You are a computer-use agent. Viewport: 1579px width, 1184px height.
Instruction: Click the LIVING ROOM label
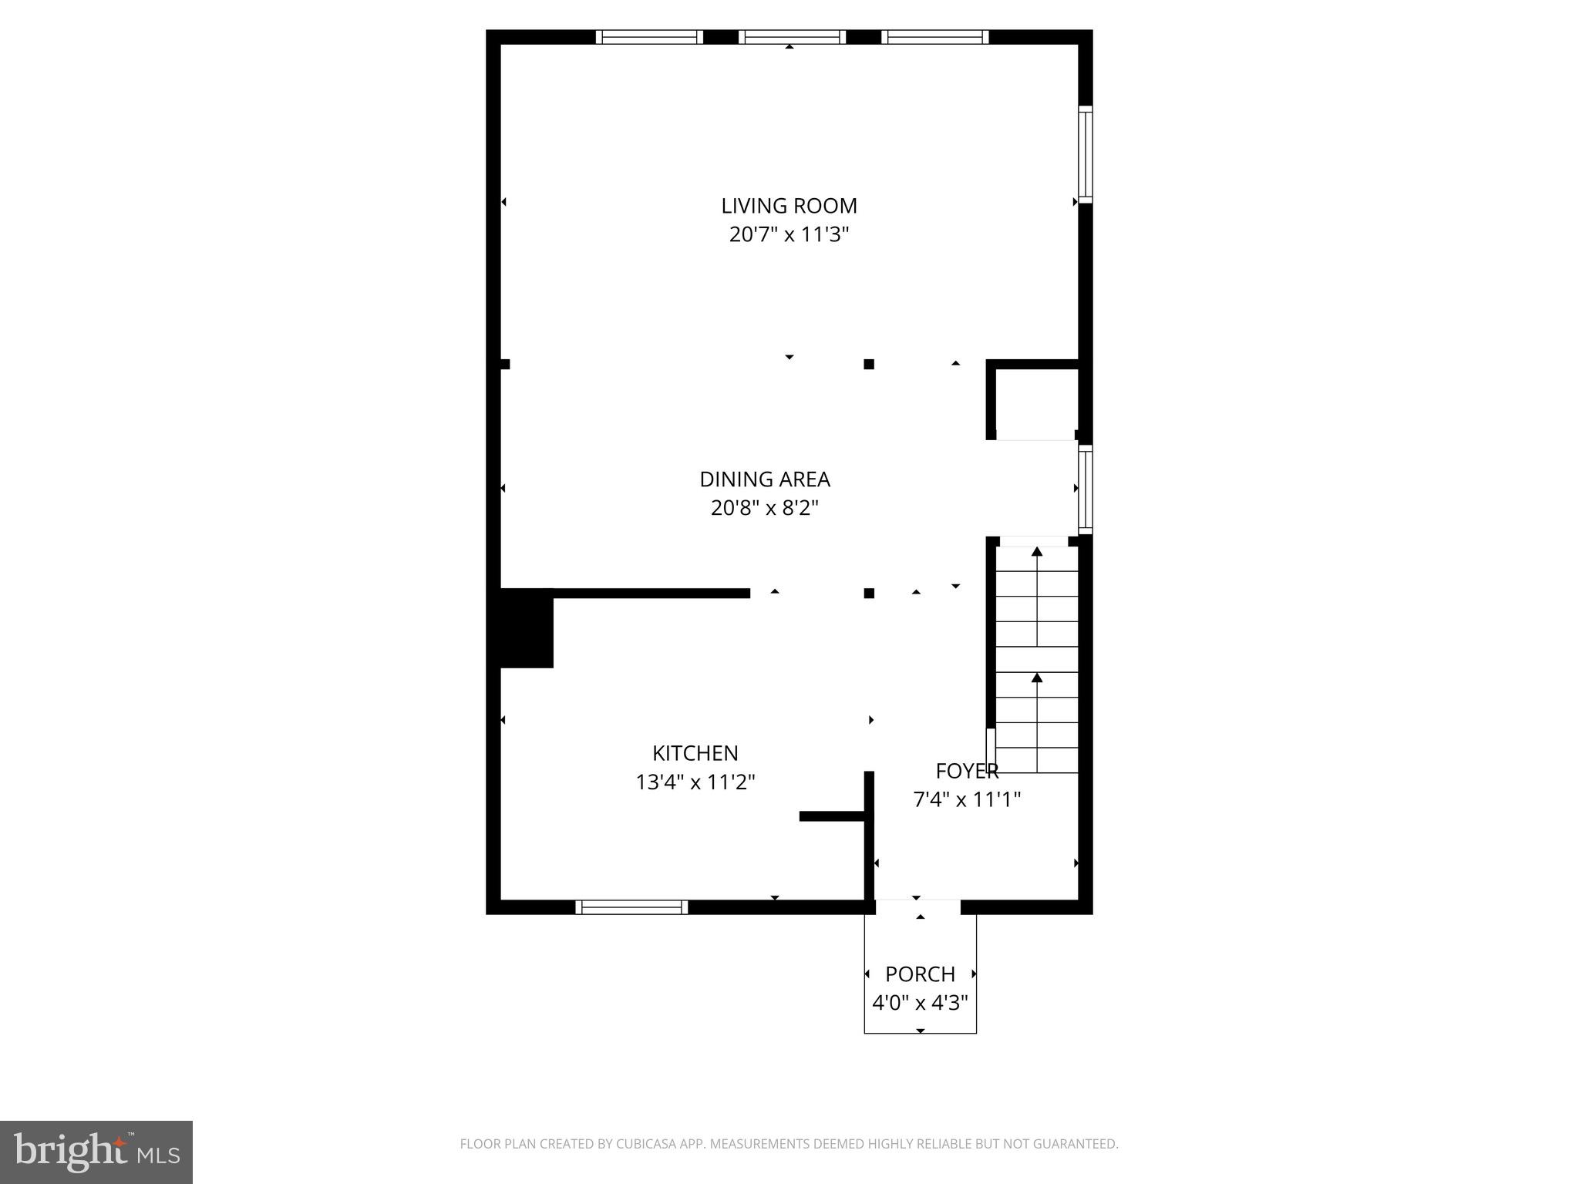[x=789, y=206]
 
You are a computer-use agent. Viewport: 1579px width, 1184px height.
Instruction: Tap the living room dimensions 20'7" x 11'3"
[x=789, y=234]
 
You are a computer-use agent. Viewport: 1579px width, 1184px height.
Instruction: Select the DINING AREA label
[x=765, y=479]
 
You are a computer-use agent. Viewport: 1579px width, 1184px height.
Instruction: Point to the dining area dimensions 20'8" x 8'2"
[x=765, y=508]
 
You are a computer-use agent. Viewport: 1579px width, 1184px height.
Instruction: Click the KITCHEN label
[x=695, y=753]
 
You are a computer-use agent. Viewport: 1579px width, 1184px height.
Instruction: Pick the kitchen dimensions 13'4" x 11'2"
[x=695, y=782]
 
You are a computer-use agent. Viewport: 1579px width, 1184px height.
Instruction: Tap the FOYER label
[x=967, y=771]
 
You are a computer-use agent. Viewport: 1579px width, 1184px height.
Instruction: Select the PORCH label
[x=920, y=974]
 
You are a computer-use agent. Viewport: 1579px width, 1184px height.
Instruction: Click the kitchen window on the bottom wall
[x=631, y=907]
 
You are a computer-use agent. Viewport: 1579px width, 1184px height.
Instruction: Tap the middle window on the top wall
[x=792, y=37]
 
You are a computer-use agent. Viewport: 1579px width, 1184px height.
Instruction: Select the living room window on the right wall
[x=1085, y=154]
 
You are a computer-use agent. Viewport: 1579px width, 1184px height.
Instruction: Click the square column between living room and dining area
[x=869, y=364]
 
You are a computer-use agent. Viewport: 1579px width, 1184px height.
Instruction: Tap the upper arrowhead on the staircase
[x=1037, y=551]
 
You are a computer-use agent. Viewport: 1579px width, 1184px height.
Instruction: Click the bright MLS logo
[x=96, y=1152]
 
